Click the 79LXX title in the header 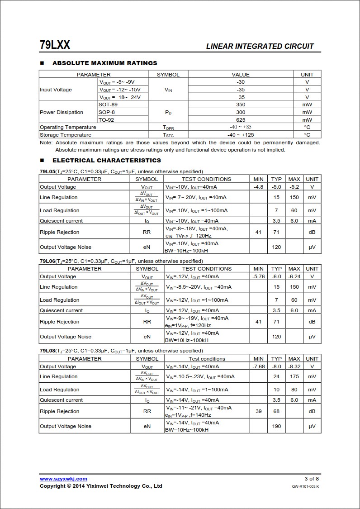[x=55, y=45]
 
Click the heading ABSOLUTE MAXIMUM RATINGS [x=104, y=63]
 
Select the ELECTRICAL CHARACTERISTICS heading [x=106, y=160]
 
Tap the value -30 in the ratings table [x=241, y=82]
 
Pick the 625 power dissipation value [x=241, y=120]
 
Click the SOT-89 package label [x=108, y=105]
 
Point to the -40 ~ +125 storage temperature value [x=241, y=135]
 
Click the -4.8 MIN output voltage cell [x=258, y=187]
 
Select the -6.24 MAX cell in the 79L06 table [x=294, y=276]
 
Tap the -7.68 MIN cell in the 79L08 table [x=258, y=366]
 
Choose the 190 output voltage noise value [x=276, y=426]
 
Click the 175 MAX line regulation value [x=294, y=376]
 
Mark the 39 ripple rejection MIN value [x=258, y=411]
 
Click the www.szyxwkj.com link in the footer [x=63, y=479]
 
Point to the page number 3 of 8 [x=312, y=479]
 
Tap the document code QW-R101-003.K [x=305, y=486]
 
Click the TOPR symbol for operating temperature [x=168, y=128]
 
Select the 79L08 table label [x=47, y=351]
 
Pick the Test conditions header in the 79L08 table [x=207, y=359]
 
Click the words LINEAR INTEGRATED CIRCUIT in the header [x=260, y=46]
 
